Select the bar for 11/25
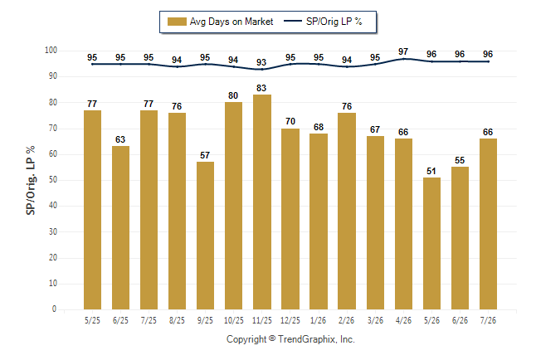click(262, 202)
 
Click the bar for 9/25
click(206, 236)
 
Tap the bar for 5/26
click(431, 243)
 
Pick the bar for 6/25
click(120, 227)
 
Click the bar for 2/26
click(347, 211)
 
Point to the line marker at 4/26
click(403, 59)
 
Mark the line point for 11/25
click(262, 70)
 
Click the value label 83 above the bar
click(261, 88)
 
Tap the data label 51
click(431, 171)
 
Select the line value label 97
click(403, 51)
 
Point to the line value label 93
click(261, 62)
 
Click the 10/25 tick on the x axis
click(234, 320)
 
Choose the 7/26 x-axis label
click(488, 320)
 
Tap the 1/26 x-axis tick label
click(319, 320)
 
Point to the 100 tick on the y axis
click(51, 51)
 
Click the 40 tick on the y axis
click(53, 206)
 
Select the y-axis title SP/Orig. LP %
click(31, 180)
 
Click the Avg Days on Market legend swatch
click(177, 22)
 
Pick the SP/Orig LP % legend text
click(334, 22)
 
